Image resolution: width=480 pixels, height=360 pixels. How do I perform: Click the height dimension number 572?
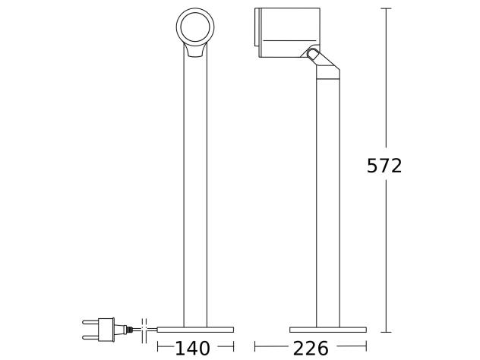pyautogui.click(x=384, y=166)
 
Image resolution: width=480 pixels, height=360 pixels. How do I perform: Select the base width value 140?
pyautogui.click(x=192, y=348)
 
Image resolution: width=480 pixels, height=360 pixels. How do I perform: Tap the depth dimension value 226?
pyautogui.click(x=311, y=348)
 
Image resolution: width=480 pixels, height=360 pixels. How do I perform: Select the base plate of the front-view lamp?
pyautogui.click(x=195, y=330)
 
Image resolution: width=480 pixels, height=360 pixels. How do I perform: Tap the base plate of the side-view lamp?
pyautogui.click(x=327, y=330)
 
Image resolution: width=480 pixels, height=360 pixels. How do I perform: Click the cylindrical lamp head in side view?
pyautogui.click(x=281, y=33)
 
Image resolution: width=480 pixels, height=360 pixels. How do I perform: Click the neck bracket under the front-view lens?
pyautogui.click(x=195, y=51)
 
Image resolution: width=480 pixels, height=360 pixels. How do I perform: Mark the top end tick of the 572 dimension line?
pyautogui.click(x=386, y=8)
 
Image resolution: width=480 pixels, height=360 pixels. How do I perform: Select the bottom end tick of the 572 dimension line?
pyautogui.click(x=386, y=332)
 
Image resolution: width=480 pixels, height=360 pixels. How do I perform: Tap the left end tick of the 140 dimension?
pyautogui.click(x=157, y=348)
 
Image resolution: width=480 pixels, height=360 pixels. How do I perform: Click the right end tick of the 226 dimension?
pyautogui.click(x=366, y=348)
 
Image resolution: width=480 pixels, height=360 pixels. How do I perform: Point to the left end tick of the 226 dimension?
pyautogui.click(x=254, y=348)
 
